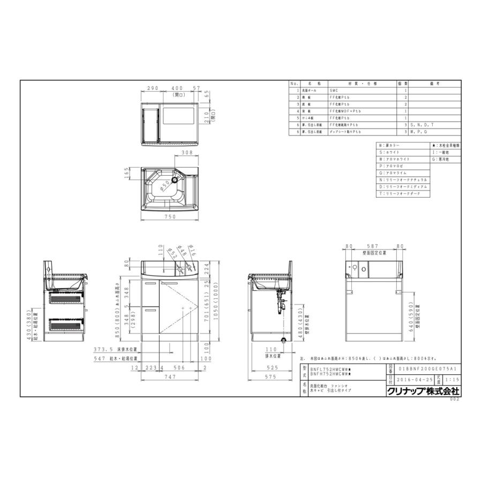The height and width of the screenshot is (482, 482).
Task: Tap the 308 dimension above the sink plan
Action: (x=187, y=153)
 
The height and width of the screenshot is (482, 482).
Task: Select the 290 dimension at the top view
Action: (x=152, y=88)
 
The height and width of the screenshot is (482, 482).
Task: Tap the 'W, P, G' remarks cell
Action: (x=421, y=131)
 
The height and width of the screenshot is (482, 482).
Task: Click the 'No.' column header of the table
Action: (x=294, y=84)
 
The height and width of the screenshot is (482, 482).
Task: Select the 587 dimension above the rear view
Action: (x=373, y=246)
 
